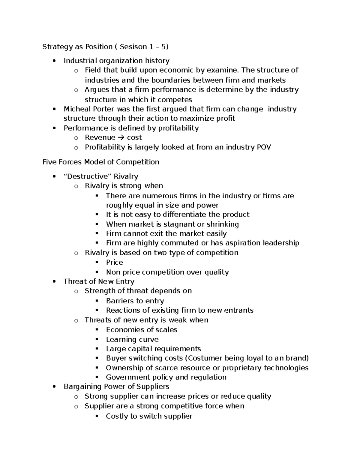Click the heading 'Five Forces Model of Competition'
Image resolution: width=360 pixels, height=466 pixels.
pos(101,162)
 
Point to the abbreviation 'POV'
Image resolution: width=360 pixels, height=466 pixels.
pos(262,147)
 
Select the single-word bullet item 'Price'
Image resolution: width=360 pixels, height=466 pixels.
pos(114,262)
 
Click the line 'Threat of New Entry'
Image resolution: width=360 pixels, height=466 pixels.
pos(99,281)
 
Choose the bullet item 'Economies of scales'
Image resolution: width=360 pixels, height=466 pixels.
pos(141,330)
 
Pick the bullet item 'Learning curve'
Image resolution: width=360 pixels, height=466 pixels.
pos(132,339)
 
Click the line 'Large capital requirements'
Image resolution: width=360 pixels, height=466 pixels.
pos(153,349)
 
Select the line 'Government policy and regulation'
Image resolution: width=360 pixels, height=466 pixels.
pos(166,377)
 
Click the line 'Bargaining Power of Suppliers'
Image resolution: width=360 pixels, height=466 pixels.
pos(116,386)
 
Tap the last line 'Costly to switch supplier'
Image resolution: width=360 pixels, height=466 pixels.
pos(149,416)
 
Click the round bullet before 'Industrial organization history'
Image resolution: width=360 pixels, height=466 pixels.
pos(54,61)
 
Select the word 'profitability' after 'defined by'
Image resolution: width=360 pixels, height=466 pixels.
pos(178,128)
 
